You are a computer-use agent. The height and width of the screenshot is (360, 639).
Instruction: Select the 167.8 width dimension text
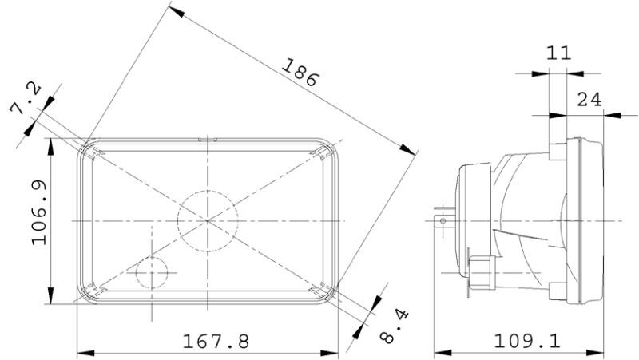pos(216,342)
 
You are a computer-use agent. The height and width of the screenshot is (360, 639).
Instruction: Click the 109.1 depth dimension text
pos(526,342)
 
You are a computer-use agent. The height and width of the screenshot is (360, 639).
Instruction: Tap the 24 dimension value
pos(589,99)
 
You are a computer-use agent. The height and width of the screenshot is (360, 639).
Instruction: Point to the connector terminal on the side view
pos(438,216)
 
